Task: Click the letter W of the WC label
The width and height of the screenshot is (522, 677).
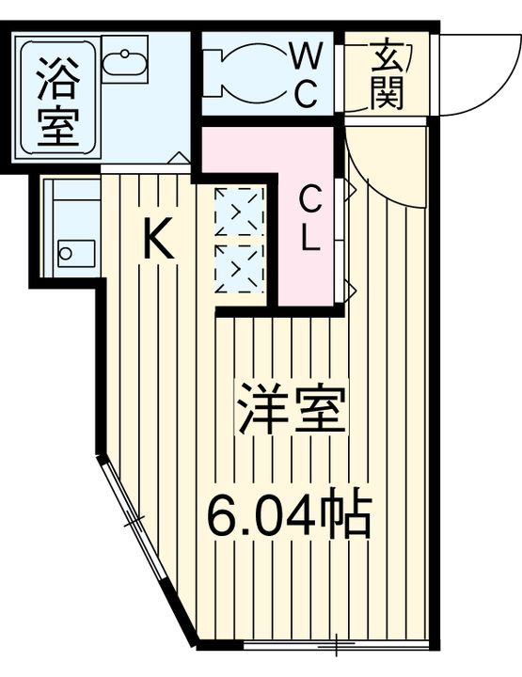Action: point(304,57)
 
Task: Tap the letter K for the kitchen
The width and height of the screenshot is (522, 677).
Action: point(158,240)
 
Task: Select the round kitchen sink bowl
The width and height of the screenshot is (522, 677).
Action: point(67,253)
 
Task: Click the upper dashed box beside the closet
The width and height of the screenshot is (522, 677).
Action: point(240,211)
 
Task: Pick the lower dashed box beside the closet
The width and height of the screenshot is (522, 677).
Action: point(240,267)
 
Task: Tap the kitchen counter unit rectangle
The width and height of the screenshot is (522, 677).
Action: point(71,226)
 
